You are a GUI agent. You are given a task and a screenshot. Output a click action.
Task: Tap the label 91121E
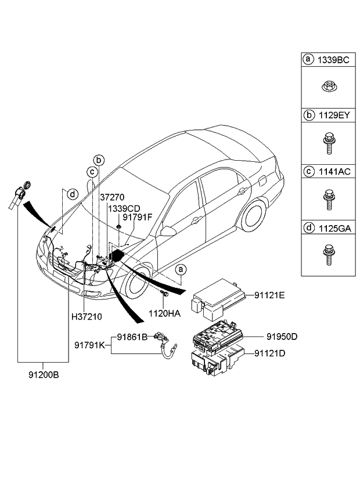tap(269, 295)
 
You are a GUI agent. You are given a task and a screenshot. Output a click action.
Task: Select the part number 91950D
tap(282, 336)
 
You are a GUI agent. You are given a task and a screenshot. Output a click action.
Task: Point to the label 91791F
tap(136, 217)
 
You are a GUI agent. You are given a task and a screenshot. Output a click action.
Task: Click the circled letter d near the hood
tap(71, 194)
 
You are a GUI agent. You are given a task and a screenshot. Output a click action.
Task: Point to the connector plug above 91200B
tap(20, 196)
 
